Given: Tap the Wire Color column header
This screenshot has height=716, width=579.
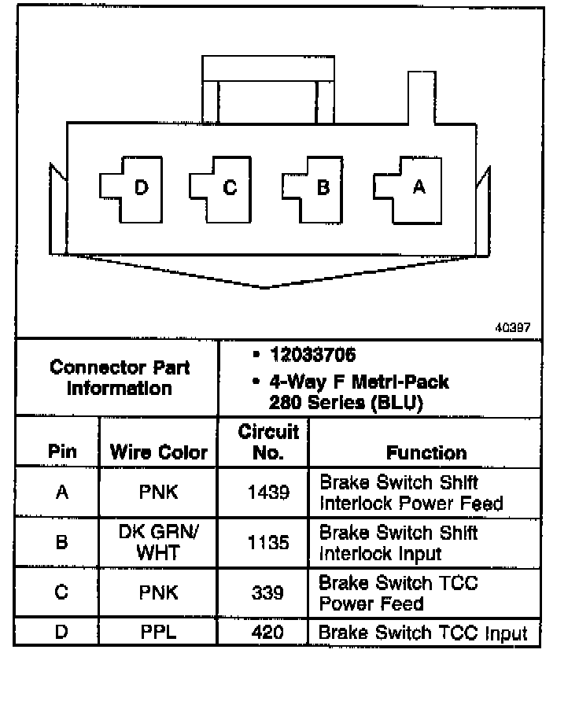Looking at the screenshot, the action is coord(159,452).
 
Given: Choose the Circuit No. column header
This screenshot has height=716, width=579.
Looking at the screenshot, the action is coord(267,442).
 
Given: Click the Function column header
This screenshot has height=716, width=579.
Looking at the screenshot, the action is coord(426,452).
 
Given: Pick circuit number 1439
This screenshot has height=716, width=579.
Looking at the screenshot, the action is coord(267,493).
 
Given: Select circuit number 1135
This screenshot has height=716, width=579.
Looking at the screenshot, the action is coord(267,543).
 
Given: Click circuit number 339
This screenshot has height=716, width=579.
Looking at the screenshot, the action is coord(267,592).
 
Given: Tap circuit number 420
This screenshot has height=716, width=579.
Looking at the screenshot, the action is coord(267,633).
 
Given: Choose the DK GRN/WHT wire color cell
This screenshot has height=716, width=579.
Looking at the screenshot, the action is coord(158,542).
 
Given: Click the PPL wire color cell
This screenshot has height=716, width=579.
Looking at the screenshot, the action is coord(158,633).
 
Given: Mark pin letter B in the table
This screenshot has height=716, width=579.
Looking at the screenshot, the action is coord(62,543).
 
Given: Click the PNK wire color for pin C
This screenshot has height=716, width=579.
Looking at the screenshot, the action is coord(158,592).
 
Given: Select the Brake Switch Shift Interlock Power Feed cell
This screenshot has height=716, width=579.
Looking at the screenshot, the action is coord(411,493).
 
